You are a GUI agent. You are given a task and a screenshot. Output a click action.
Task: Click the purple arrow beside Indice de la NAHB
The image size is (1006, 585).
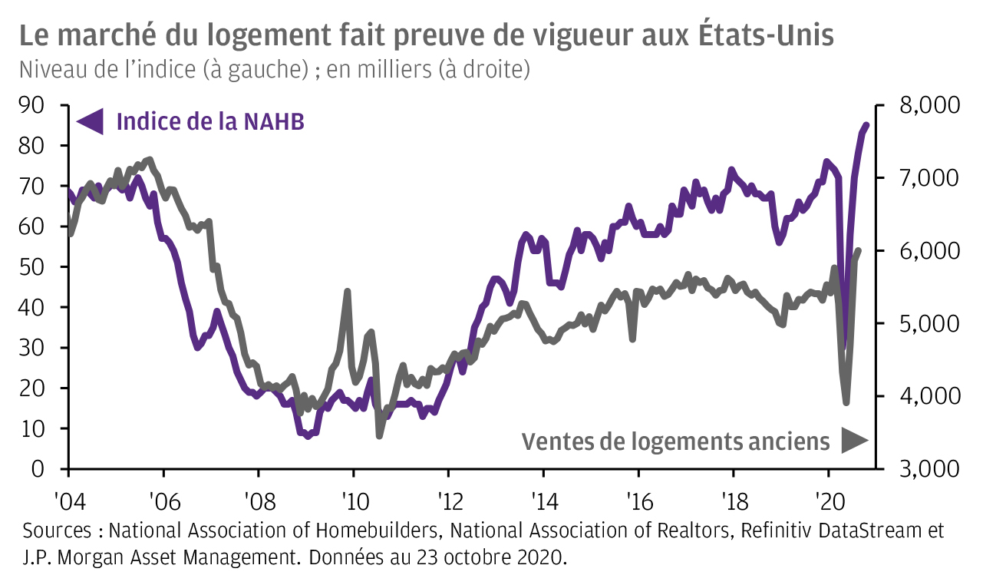point(91,121)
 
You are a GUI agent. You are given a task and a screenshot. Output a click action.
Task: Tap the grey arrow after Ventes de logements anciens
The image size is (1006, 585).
point(853,441)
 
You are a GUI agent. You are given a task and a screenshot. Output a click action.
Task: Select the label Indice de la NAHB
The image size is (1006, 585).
point(210,121)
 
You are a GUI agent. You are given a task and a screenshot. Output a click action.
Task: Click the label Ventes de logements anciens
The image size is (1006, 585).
point(675,441)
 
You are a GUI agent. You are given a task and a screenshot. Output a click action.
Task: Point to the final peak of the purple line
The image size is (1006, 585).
point(866,125)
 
